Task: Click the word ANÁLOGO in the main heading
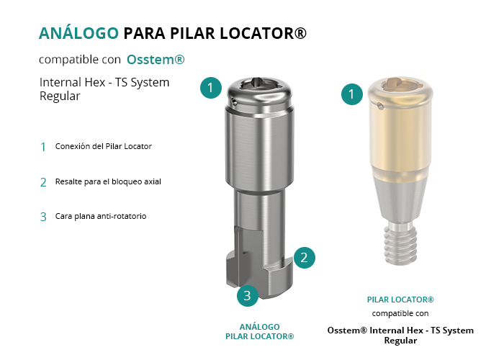(78, 33)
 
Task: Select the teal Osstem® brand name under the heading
(156, 60)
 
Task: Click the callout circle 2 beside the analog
(304, 258)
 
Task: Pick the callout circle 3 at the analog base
(248, 295)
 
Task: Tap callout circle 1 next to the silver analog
(211, 87)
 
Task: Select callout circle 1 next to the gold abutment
(352, 94)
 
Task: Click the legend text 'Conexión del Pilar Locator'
(103, 146)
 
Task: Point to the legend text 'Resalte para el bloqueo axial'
(108, 181)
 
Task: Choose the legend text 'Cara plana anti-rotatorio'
(101, 216)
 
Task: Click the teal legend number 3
(43, 217)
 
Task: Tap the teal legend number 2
(43, 182)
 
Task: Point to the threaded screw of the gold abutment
(400, 243)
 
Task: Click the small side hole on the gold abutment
(380, 105)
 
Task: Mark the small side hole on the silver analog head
(234, 103)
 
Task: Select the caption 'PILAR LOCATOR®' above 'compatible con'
(400, 300)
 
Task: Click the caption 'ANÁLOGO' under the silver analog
(260, 327)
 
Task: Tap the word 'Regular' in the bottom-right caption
(400, 341)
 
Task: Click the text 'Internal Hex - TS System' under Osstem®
(104, 82)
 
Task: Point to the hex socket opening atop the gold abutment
(400, 84)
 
